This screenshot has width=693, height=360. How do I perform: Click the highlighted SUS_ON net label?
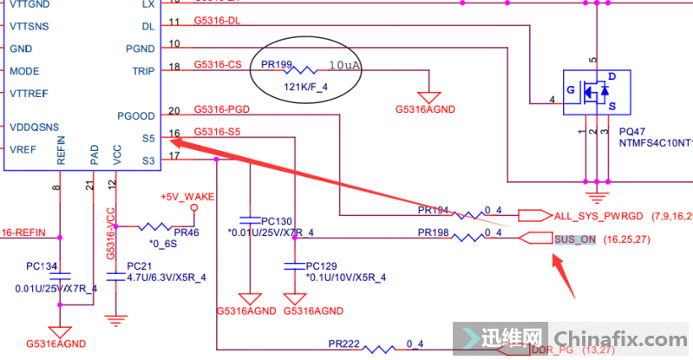click(575, 239)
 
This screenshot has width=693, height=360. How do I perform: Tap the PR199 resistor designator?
click(277, 65)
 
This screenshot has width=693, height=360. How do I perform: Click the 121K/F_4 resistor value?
click(307, 87)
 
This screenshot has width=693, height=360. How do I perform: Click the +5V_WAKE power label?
click(186, 197)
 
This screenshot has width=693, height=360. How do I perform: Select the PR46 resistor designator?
click(186, 232)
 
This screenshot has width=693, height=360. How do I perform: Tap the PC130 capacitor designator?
click(277, 220)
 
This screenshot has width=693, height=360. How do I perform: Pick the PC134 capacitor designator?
click(42, 265)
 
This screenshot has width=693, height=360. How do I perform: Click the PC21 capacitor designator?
click(139, 265)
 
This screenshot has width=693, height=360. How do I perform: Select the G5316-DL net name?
click(217, 22)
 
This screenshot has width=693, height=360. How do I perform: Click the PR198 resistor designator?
click(433, 232)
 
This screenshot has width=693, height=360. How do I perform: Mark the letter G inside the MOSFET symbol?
click(572, 90)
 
